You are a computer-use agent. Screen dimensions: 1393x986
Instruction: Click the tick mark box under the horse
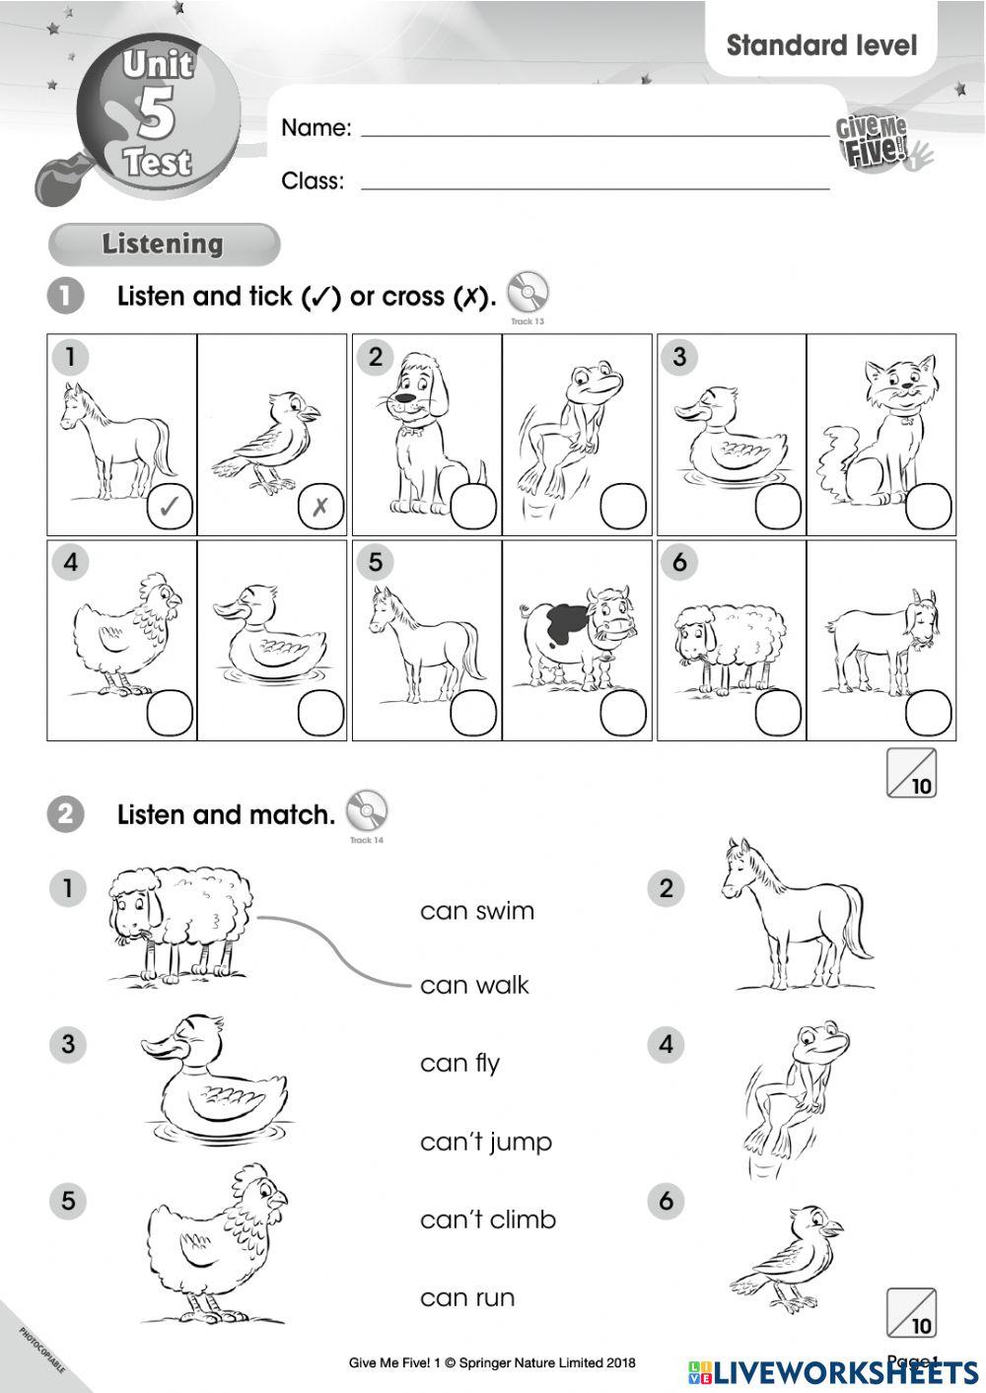(x=170, y=508)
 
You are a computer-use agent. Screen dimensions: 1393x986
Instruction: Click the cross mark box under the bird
(x=320, y=508)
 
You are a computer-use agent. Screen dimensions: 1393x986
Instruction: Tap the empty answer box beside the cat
(x=929, y=508)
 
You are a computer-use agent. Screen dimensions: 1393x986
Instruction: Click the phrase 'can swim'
(x=477, y=911)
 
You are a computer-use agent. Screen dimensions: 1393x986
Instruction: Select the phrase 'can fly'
(x=459, y=1064)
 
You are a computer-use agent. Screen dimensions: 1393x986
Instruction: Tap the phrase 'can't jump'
(x=486, y=1142)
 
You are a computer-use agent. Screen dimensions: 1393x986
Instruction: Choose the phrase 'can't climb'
(x=488, y=1219)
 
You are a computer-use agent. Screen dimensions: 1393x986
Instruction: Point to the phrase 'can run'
(x=467, y=1297)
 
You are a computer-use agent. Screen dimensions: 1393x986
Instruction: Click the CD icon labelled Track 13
(x=528, y=293)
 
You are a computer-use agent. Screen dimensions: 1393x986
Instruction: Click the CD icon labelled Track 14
(x=366, y=811)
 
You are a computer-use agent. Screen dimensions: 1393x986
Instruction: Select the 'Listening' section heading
(x=163, y=244)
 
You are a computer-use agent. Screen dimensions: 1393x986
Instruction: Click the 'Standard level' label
(x=821, y=45)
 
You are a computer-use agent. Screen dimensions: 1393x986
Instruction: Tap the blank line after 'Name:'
(x=595, y=129)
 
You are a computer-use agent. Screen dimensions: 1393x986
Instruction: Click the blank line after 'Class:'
(x=595, y=182)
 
